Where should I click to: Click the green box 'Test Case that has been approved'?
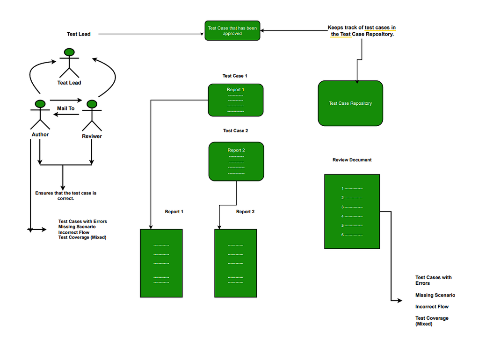pos(232,31)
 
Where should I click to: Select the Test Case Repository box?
pos(350,103)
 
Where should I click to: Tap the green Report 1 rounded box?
pos(235,100)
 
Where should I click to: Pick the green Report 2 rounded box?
pos(236,161)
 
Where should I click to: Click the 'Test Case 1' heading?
pos(235,76)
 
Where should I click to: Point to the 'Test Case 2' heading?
pos(235,131)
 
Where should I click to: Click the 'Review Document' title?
pos(352,160)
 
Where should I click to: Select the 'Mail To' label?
pos(65,108)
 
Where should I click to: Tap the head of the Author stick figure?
pos(40,103)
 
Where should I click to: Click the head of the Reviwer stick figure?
pos(92,104)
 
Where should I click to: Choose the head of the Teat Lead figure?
pos(69,52)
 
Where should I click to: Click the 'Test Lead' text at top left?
pos(79,34)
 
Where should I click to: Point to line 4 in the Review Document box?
pos(352,216)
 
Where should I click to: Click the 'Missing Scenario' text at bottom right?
pos(435,295)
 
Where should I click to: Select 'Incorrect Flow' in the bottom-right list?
pos(432,307)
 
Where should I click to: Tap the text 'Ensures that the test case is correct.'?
pos(65,195)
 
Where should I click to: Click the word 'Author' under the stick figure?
pos(40,135)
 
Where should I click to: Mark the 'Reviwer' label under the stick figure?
pos(92,137)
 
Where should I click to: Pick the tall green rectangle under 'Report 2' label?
pos(235,263)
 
